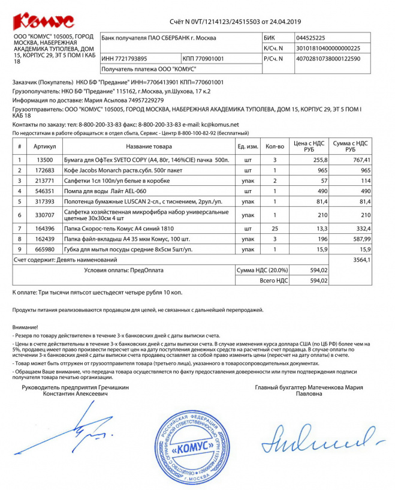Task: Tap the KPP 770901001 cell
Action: click(x=203, y=59)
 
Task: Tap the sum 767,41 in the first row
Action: click(x=360, y=160)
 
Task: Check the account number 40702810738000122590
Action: click(x=328, y=59)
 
